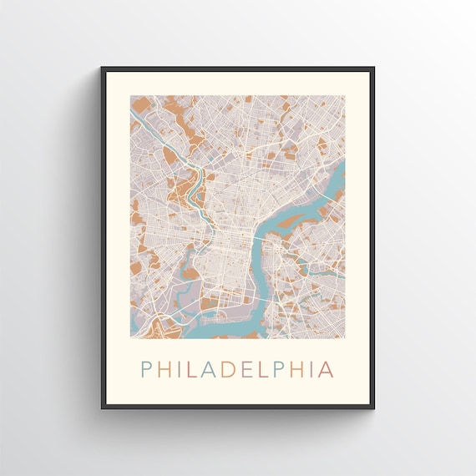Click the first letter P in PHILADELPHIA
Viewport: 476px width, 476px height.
click(147, 368)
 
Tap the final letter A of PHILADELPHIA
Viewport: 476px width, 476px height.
click(329, 368)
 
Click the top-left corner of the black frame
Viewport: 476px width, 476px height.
click(102, 68)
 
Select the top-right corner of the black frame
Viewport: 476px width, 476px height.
click(373, 68)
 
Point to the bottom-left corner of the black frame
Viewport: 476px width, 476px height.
click(102, 408)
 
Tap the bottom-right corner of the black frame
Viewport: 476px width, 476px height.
click(373, 408)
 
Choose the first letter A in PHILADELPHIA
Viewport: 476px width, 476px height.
click(210, 368)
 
